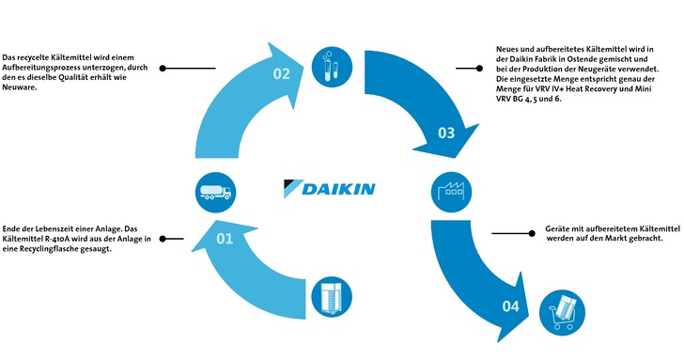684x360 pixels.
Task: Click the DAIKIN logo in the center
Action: [x=328, y=188]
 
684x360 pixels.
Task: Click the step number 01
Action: [x=224, y=240]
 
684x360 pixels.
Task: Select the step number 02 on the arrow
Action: [x=281, y=75]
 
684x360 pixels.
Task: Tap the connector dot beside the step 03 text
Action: [x=458, y=68]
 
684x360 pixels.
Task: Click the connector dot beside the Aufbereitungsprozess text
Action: [x=163, y=68]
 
